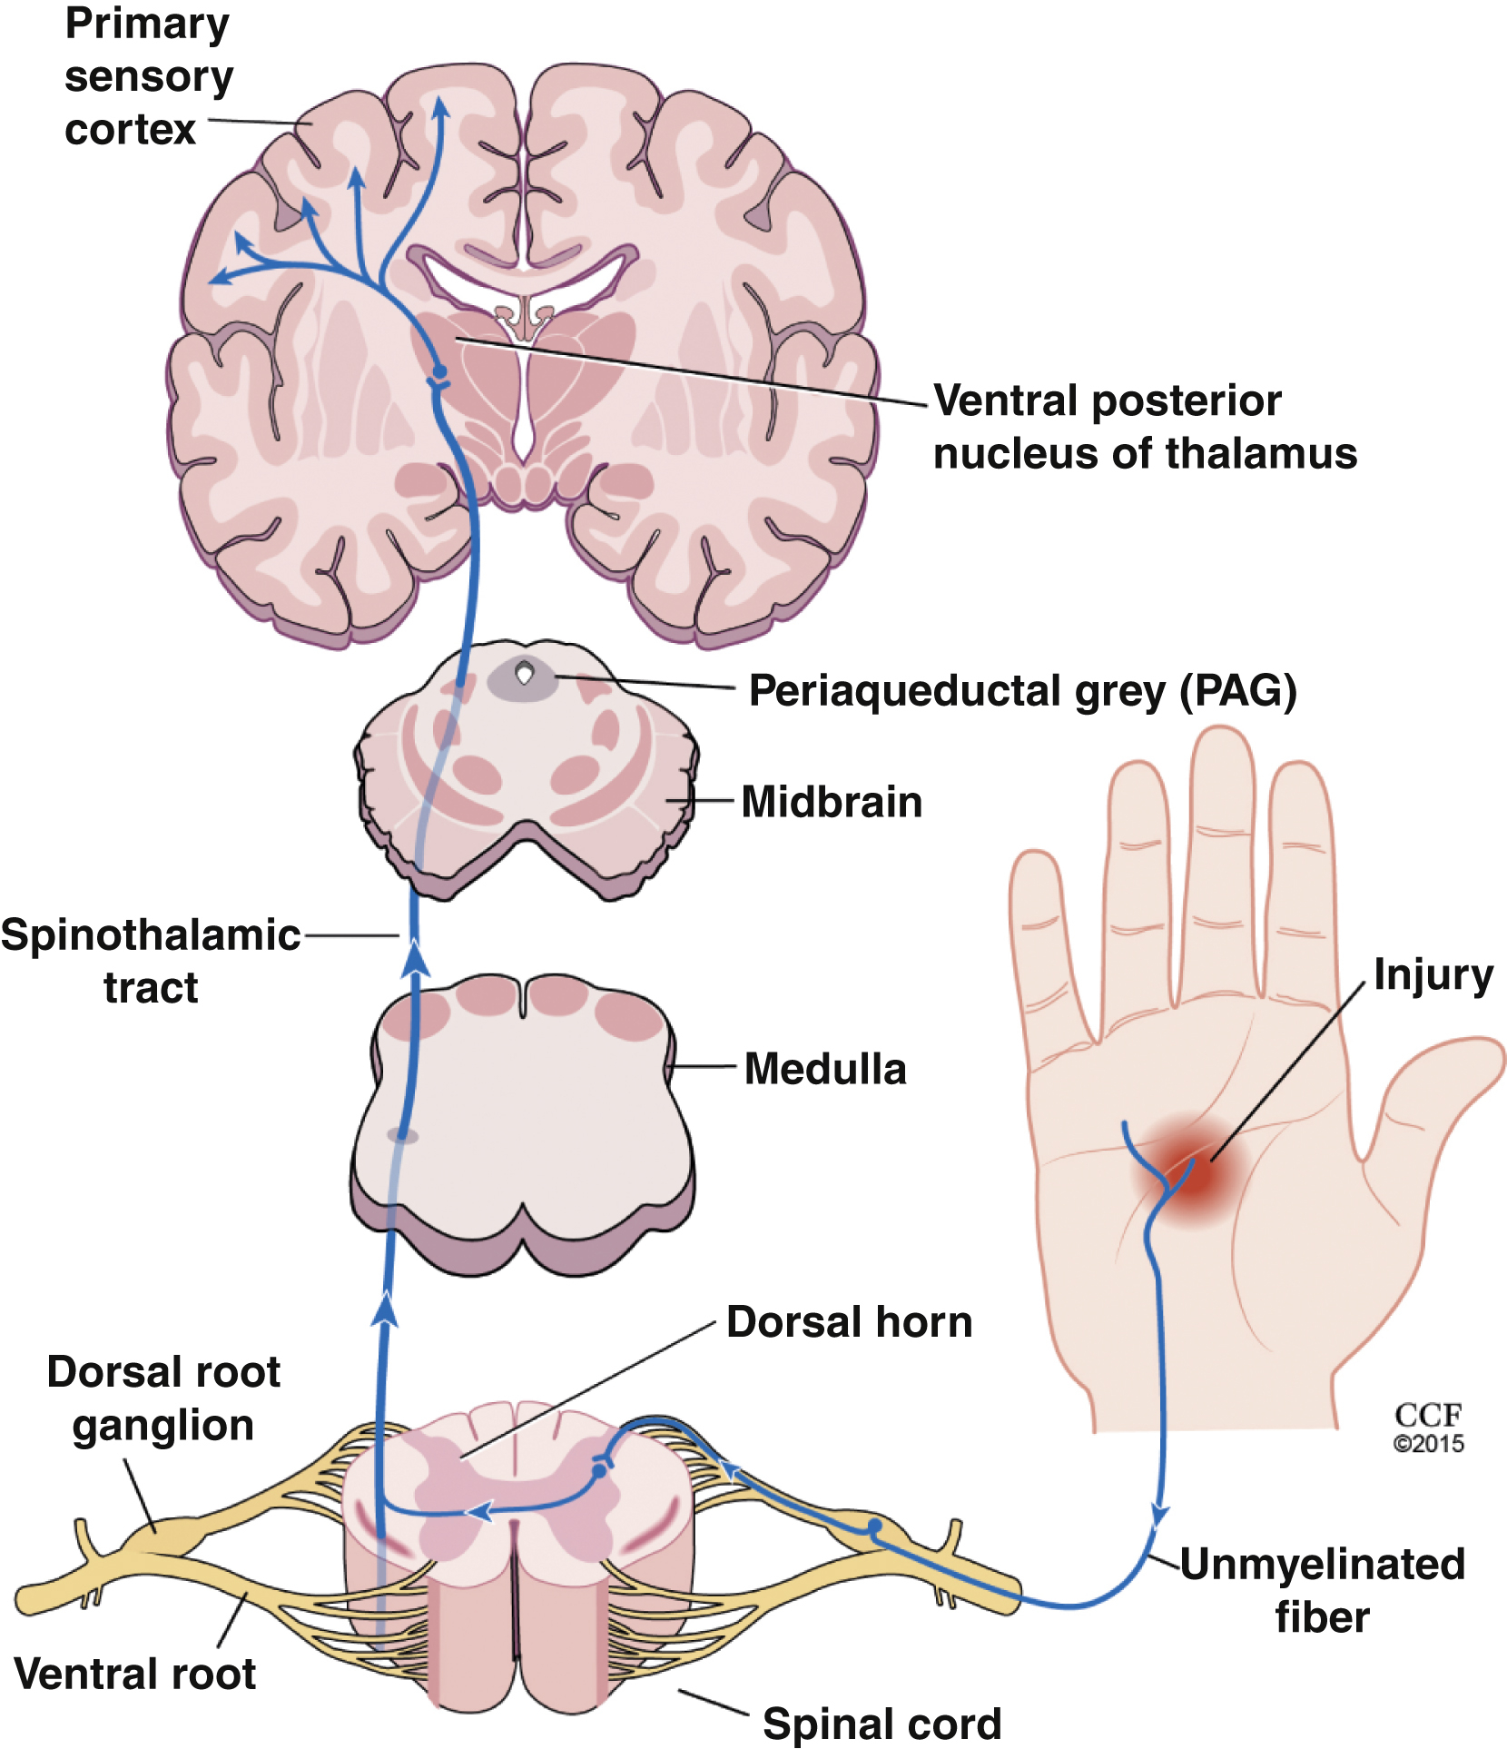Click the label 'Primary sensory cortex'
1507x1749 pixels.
[x=148, y=76]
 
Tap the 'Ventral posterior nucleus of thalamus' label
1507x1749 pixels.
[x=1144, y=427]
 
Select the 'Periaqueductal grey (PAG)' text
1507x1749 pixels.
[x=1022, y=691]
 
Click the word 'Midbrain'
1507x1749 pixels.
[x=832, y=802]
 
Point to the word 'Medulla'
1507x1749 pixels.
[x=825, y=1069]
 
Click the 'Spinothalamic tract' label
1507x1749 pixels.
[x=151, y=961]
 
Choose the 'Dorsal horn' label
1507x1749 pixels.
[x=850, y=1322]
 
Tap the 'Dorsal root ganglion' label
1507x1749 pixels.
[x=163, y=1398]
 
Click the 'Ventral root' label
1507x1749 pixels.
[x=135, y=1674]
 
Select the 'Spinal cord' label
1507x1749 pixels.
[x=882, y=1723]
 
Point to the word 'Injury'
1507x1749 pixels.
[x=1433, y=975]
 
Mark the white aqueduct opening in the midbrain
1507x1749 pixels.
[x=524, y=673]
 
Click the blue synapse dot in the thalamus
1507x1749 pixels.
[x=439, y=372]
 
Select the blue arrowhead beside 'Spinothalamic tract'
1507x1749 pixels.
[x=415, y=959]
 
